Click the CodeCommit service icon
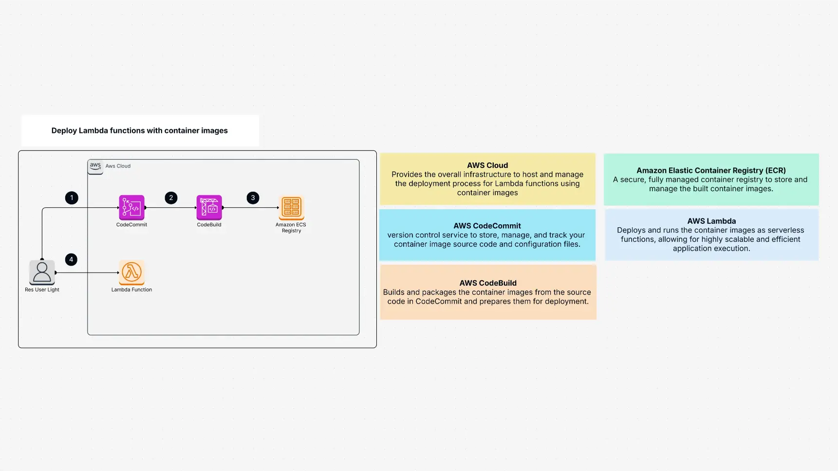131,208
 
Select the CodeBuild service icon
209,208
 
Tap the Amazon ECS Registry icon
291,208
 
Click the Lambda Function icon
131,272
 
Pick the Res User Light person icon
42,272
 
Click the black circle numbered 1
72,198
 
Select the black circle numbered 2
171,198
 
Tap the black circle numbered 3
253,198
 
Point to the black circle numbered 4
71,260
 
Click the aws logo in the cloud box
95,166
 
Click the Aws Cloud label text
118,166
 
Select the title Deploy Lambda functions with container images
140,130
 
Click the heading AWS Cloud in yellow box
487,165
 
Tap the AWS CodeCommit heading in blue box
487,226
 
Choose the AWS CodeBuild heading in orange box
488,283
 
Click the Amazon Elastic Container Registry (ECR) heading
711,170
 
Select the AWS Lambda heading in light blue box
711,221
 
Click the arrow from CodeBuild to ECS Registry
251,208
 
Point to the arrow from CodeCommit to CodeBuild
170,208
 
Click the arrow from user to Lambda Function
88,272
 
